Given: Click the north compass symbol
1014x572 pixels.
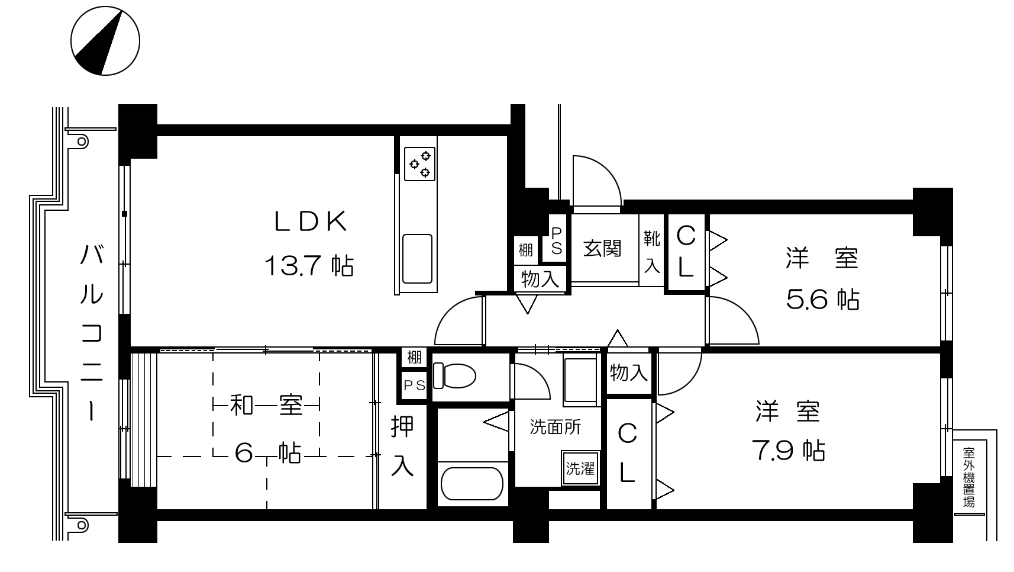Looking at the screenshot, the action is click(x=105, y=41).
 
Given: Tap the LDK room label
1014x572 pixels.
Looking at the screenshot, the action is click(x=311, y=221).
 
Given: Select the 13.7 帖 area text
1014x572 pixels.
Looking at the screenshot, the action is click(x=309, y=266).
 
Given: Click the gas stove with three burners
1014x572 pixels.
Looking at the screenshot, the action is click(x=419, y=163).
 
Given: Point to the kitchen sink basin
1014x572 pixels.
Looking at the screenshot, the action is click(x=417, y=259).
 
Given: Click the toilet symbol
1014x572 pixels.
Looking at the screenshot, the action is click(x=454, y=376).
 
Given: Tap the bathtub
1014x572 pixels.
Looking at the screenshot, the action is click(x=472, y=484).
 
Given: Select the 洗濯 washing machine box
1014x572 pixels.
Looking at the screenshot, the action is click(x=580, y=468).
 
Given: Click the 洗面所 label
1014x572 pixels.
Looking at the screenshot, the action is click(x=555, y=427).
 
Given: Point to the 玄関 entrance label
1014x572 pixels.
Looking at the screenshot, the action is click(x=602, y=248).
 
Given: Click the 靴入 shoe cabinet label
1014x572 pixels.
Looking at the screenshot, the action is click(x=652, y=252).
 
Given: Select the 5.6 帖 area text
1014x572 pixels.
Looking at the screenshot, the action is click(x=822, y=299).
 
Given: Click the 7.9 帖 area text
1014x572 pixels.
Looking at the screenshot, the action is click(x=788, y=451).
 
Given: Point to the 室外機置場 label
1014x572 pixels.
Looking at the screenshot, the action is click(x=968, y=477).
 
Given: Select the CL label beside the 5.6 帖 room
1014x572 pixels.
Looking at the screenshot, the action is click(x=686, y=251).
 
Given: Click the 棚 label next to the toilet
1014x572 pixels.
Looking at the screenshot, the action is click(x=414, y=358).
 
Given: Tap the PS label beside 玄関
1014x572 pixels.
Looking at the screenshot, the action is click(x=556, y=241).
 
